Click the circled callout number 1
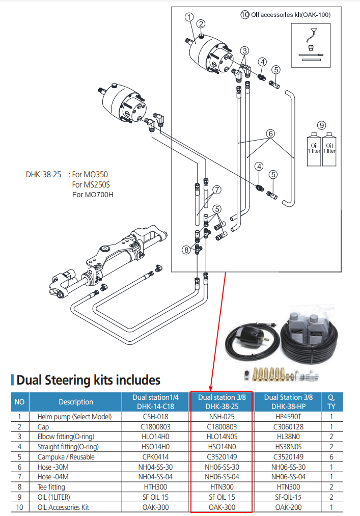[189, 17]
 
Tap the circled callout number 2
[201, 23]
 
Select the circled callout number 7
[217, 189]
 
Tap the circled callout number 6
[270, 134]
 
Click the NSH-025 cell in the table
[221, 417]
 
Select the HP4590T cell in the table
[289, 417]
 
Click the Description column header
[76, 402]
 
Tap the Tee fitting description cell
[52, 486]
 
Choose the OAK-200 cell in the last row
[289, 507]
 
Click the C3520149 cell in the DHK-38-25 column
[221, 457]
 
